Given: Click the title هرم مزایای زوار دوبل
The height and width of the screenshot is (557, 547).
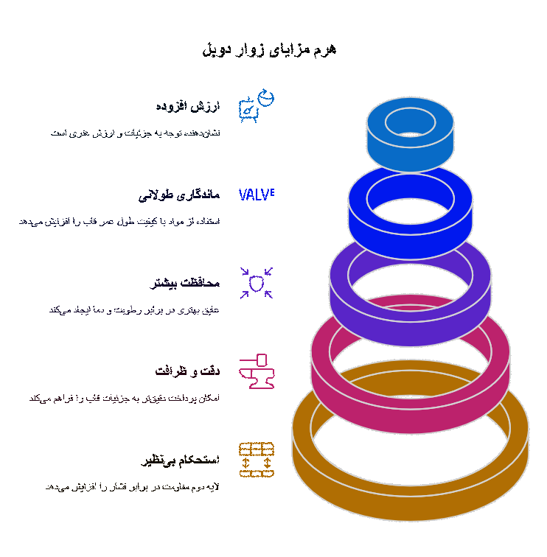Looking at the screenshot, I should tap(269, 49).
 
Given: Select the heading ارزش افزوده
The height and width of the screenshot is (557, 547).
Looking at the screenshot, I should tap(188, 107).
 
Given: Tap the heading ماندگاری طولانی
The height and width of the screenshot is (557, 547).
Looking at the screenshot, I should tap(179, 196).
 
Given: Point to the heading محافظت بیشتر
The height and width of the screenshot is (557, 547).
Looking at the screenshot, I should tap(186, 284).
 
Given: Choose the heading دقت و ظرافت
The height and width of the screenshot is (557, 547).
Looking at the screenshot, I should tap(188, 371).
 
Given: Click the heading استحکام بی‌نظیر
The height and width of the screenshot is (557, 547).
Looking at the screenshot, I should tap(181, 460).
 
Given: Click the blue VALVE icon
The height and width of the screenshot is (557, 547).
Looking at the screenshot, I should tap(257, 195).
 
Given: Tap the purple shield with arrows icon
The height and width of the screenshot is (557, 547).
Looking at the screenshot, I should tap(257, 283).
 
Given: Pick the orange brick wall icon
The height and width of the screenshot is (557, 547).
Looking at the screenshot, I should tap(257, 460).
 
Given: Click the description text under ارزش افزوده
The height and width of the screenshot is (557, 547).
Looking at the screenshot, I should tap(135, 133).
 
